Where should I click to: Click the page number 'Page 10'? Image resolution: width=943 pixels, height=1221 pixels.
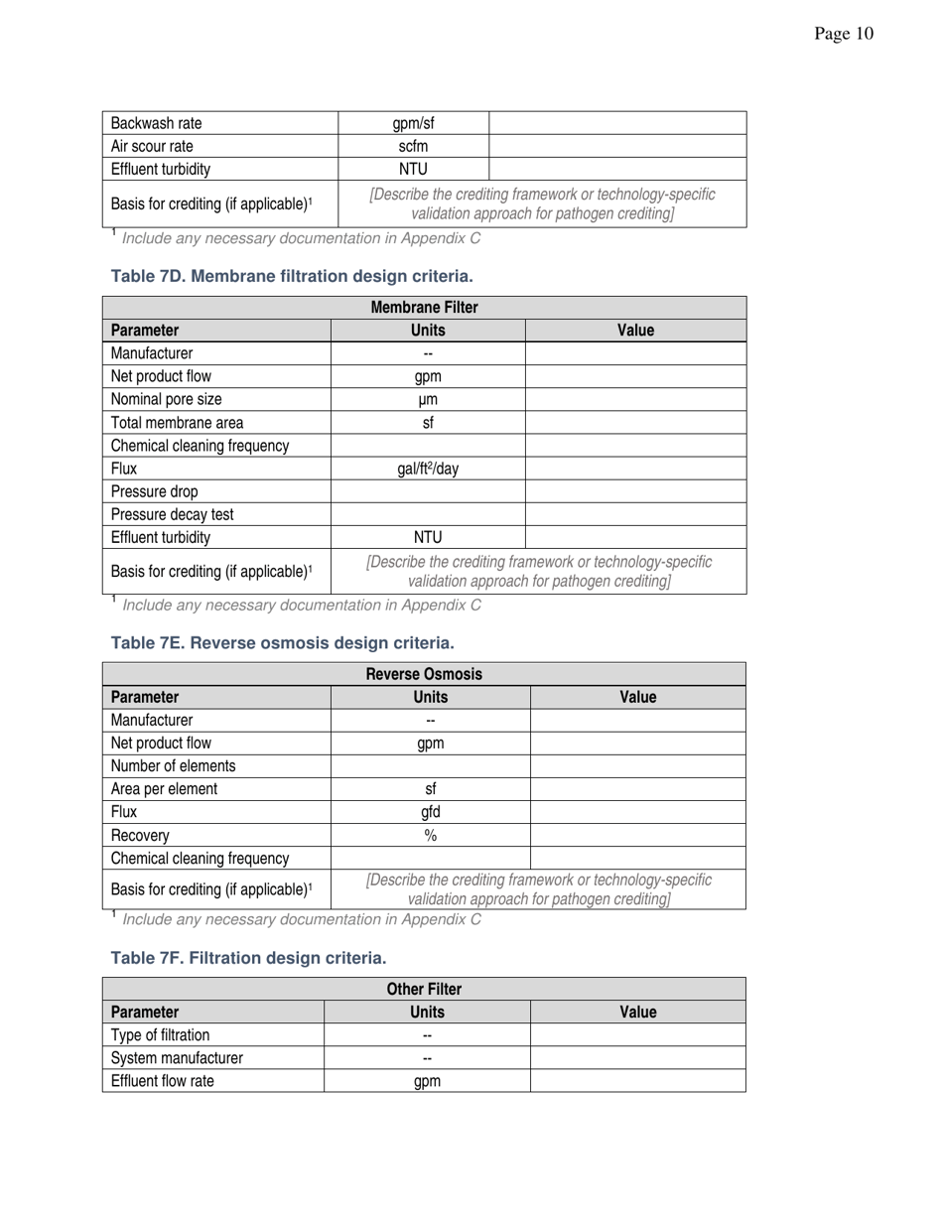pos(844,34)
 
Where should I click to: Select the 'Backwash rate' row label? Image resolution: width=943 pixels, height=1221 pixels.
pos(156,123)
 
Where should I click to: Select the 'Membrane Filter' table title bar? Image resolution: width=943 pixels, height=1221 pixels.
pos(424,308)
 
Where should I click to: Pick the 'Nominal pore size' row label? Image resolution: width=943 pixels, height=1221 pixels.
pos(166,399)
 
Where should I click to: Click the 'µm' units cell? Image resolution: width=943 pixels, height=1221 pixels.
pos(428,399)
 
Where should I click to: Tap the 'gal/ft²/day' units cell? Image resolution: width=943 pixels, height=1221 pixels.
pos(428,469)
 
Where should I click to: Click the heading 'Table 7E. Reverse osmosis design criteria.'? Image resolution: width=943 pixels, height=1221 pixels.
pos(282,642)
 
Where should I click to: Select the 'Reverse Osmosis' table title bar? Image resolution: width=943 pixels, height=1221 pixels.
pos(424,674)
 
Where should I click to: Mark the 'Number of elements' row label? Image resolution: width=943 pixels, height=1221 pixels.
pos(173,765)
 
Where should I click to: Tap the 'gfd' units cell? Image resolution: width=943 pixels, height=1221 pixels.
pos(430,812)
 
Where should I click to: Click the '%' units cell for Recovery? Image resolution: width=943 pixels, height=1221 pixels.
pos(430,835)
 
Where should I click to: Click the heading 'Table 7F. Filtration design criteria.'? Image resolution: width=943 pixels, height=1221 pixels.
pos(248,957)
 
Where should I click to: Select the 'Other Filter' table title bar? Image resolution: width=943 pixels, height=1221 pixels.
pos(424,989)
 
